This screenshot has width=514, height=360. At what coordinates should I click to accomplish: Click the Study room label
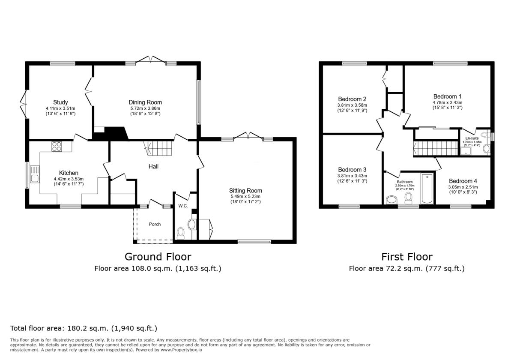click(x=60, y=102)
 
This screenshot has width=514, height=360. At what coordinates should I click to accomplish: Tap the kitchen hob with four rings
click(x=57, y=147)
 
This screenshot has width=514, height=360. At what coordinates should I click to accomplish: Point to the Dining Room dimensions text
click(x=145, y=111)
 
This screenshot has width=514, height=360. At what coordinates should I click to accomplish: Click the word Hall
click(x=153, y=166)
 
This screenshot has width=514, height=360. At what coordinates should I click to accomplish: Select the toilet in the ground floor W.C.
click(x=181, y=234)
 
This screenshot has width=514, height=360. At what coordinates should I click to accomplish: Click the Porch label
click(x=155, y=224)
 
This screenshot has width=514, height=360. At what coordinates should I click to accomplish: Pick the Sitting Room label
click(x=245, y=191)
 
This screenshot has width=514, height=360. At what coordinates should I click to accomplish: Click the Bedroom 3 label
click(x=352, y=170)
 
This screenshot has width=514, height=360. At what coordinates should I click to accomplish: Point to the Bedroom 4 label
click(x=463, y=181)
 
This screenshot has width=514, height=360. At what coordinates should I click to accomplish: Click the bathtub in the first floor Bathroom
click(x=427, y=189)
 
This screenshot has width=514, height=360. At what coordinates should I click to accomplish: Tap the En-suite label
click(x=472, y=138)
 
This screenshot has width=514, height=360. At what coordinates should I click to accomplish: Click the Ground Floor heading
click(x=158, y=257)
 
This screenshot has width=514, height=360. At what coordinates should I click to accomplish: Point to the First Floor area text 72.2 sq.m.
click(x=406, y=269)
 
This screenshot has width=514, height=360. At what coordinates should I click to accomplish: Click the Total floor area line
click(x=84, y=329)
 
